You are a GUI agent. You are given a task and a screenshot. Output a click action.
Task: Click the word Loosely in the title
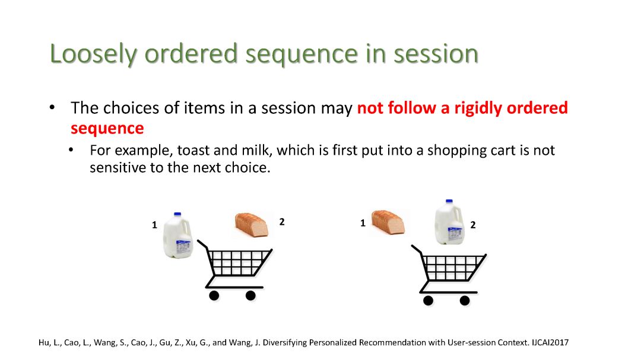pos(93,55)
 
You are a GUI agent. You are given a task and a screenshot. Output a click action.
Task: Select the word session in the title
pos(436,53)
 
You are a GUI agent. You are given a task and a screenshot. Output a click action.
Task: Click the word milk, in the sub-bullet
pos(257,151)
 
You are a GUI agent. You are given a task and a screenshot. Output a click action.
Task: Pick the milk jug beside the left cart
pos(178,235)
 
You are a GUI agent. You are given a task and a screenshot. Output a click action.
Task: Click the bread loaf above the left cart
pos(252,224)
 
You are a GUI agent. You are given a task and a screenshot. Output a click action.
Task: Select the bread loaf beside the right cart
pos(388,222)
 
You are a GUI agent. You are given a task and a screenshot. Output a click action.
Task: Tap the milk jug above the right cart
pos(449,222)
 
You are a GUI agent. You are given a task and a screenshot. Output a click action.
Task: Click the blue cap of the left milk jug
pos(177,214)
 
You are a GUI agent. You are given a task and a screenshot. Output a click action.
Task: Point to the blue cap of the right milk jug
pos(449,202)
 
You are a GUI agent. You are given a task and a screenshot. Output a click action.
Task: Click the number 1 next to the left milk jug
pos(154,225)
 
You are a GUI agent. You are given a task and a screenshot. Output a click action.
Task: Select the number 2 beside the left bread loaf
pos(282,222)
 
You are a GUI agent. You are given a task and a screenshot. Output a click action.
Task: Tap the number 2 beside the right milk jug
pos(473,225)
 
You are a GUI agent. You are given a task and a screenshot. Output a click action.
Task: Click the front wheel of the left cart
pos(250,295)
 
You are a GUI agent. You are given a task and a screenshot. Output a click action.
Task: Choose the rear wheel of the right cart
pos(428,301)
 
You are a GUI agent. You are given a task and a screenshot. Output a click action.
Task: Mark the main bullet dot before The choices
pos(52,107)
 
